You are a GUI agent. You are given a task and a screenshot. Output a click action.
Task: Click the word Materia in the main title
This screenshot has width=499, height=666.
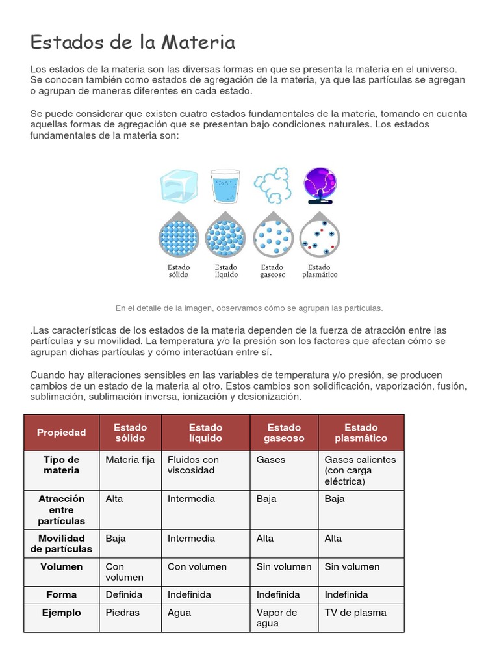click(x=198, y=43)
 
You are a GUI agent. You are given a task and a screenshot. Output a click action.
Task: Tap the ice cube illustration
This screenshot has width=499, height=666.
click(x=179, y=186)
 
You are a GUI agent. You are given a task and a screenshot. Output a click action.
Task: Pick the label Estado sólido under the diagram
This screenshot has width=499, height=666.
click(x=179, y=271)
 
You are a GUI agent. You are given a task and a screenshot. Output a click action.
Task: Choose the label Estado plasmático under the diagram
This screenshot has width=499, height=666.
click(x=319, y=271)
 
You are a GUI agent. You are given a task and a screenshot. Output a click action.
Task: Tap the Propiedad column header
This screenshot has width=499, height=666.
click(x=61, y=433)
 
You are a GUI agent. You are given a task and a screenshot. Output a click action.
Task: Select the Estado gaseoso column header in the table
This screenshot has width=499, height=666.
click(x=284, y=433)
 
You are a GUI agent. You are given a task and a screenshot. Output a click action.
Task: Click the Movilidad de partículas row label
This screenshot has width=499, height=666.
click(x=61, y=544)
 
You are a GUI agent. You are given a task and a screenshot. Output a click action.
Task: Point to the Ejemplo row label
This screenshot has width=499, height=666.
click(x=61, y=612)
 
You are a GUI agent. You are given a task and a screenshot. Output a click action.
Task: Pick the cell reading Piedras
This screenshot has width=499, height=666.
click(x=122, y=612)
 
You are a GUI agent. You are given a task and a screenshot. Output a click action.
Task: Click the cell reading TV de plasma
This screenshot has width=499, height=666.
click(x=355, y=612)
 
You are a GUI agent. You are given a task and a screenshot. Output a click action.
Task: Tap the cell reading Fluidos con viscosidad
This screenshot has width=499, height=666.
click(x=193, y=464)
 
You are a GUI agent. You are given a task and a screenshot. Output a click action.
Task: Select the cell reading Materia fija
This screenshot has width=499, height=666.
click(x=130, y=459)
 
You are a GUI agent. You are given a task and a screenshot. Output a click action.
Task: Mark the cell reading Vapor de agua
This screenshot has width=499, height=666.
click(x=277, y=617)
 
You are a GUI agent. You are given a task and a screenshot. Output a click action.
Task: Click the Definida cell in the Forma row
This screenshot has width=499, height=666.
click(x=124, y=594)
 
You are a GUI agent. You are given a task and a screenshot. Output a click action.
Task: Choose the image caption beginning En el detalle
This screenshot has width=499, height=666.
click(x=249, y=308)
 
